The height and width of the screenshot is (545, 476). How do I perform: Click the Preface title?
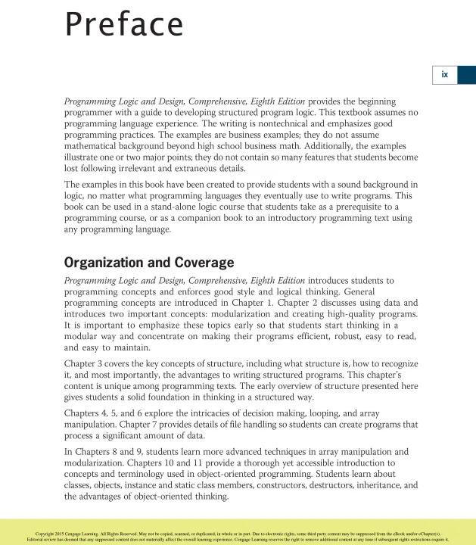tap(124, 25)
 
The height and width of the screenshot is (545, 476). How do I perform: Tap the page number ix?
tap(445, 74)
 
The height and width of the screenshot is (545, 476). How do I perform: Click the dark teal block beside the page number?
tap(466, 74)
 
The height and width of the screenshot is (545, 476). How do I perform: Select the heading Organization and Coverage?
tap(149, 263)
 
